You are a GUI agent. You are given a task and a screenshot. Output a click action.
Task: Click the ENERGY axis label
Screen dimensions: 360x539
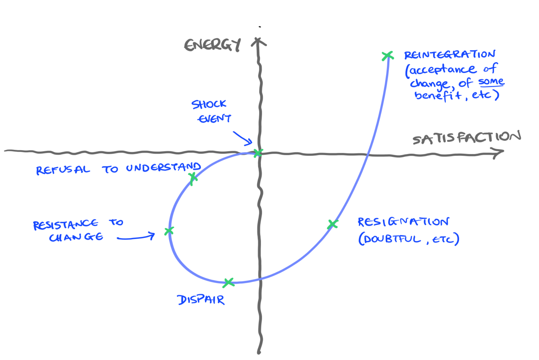212,45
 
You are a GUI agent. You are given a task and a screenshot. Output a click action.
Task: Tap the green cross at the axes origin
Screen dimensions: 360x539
258,153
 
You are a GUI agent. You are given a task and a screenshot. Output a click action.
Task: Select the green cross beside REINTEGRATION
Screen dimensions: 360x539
387,56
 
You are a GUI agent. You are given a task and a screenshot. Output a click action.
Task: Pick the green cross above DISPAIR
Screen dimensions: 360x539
228,283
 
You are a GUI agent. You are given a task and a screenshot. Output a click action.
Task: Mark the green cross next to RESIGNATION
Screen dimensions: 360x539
333,224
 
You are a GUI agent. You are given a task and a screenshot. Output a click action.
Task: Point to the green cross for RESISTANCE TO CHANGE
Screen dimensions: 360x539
169,231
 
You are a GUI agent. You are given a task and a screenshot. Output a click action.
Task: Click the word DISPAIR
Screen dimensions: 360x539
201,300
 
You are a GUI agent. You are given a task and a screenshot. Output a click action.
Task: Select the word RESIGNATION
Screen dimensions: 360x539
403,222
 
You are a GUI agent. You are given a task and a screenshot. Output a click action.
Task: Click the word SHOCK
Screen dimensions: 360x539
209,104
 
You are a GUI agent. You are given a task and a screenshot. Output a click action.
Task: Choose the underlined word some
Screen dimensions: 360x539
491,81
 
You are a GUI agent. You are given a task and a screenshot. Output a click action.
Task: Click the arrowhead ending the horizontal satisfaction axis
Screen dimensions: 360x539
498,153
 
